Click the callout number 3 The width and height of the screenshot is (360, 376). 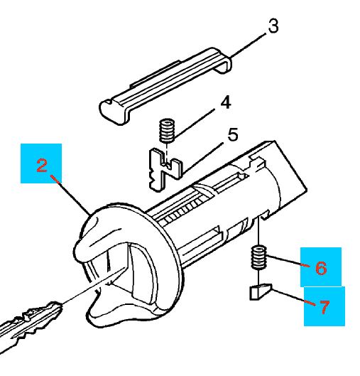pyautogui.click(x=273, y=26)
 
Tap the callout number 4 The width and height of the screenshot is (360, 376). pyautogui.click(x=225, y=102)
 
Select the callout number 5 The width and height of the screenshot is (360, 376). pyautogui.click(x=233, y=134)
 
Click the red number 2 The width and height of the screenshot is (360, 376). pyautogui.click(x=42, y=166)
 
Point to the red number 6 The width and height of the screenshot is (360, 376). pyautogui.click(x=321, y=268)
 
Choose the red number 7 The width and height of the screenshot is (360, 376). pyautogui.click(x=324, y=307)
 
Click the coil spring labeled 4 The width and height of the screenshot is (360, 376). pyautogui.click(x=167, y=131)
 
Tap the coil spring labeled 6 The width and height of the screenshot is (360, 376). pyautogui.click(x=258, y=258)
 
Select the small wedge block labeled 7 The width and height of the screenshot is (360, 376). pyautogui.click(x=261, y=291)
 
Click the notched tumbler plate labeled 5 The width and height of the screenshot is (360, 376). pyautogui.click(x=164, y=169)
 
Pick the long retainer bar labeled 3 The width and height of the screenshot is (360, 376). pyautogui.click(x=165, y=86)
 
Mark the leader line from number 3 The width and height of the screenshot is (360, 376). pyautogui.click(x=248, y=45)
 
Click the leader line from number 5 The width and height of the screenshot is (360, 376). pyautogui.click(x=202, y=158)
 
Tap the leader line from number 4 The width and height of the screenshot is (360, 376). pyautogui.click(x=194, y=124)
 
